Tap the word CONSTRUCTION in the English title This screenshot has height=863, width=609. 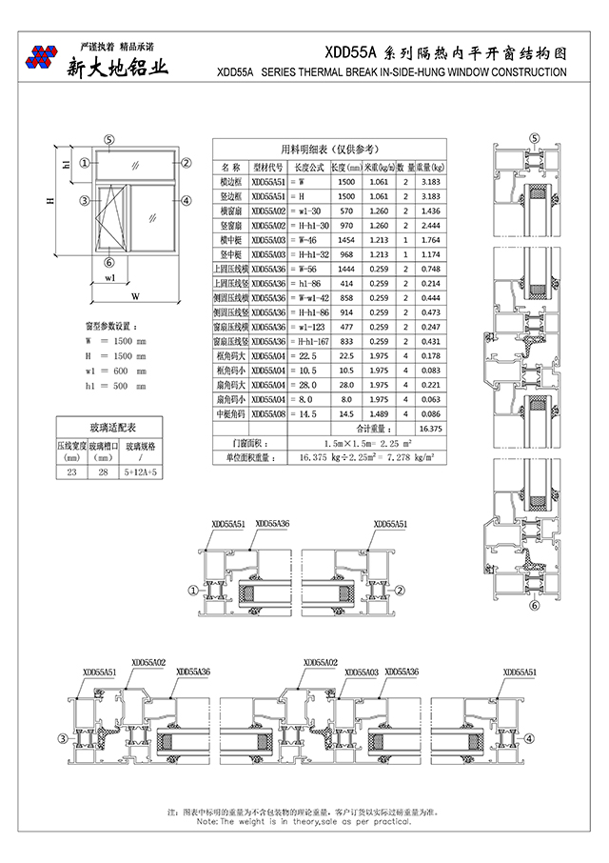pyautogui.click(x=521, y=72)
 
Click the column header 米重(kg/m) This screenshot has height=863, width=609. pyautogui.click(x=352, y=167)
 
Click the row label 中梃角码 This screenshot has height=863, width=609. pyautogui.click(x=228, y=414)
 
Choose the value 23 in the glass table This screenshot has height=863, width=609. pyautogui.click(x=71, y=472)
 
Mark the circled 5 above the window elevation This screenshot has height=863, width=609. pyautogui.click(x=109, y=139)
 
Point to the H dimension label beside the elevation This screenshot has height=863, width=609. pyautogui.click(x=49, y=201)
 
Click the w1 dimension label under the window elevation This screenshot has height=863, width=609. pyautogui.click(x=110, y=278)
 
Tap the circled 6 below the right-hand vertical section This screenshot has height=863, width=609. pyautogui.click(x=534, y=604)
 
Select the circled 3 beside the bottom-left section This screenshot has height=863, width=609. pyautogui.click(x=63, y=737)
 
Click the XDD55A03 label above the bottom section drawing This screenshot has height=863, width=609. pyautogui.click(x=361, y=672)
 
